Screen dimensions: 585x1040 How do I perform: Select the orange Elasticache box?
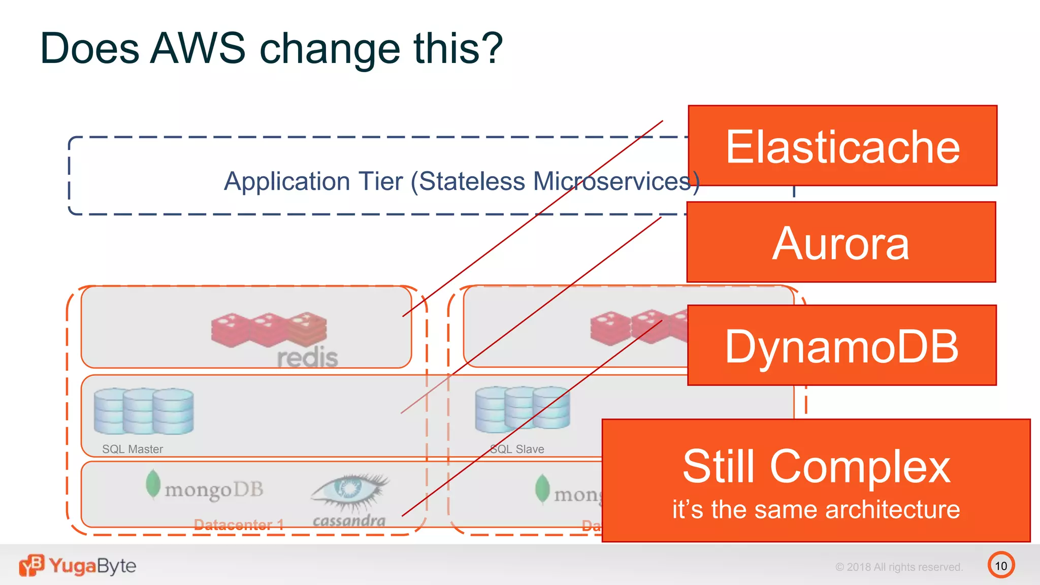click(842, 146)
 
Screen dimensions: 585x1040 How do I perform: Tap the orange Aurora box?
click(841, 242)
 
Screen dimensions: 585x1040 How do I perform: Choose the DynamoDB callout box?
click(841, 345)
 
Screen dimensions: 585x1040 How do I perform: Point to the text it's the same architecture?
click(816, 509)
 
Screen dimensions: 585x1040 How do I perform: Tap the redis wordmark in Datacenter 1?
click(307, 357)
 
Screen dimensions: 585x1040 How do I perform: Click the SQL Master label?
click(133, 449)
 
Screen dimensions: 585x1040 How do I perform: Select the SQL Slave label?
click(517, 449)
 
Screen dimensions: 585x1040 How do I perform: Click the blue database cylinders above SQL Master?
click(144, 411)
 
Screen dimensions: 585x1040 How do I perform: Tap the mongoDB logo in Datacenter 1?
click(205, 487)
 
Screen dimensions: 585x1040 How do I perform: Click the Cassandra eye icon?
click(350, 490)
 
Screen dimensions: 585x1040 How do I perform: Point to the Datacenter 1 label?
click(239, 525)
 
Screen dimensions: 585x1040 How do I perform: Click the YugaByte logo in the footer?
click(78, 565)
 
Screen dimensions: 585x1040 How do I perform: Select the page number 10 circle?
click(1001, 565)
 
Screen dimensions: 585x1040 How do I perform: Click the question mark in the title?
click(491, 48)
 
